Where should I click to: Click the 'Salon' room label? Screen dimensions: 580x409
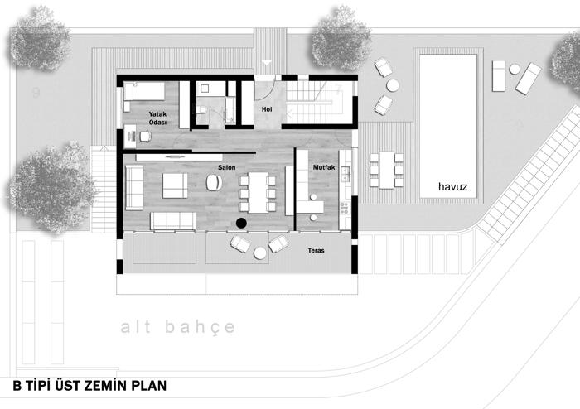226,167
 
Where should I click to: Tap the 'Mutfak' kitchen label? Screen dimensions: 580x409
324,167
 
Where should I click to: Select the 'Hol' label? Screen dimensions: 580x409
267,109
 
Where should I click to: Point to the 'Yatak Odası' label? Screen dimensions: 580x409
158,118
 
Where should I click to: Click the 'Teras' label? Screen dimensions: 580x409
316,251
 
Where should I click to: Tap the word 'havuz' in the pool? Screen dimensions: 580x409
452,186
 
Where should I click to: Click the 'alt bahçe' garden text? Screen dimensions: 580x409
178,326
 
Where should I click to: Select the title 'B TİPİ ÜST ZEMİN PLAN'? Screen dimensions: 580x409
89,386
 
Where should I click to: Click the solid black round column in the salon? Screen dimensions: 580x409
241,223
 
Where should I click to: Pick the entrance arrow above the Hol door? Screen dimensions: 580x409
266,62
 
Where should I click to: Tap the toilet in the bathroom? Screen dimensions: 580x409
202,110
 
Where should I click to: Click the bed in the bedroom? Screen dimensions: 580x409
144,91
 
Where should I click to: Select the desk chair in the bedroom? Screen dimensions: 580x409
145,137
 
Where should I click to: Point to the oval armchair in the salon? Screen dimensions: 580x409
214,182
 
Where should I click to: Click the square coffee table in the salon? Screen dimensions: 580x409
175,185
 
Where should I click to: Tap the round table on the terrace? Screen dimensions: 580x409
260,253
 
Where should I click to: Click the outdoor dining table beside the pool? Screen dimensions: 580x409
387,171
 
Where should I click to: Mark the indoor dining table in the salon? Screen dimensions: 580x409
258,192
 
